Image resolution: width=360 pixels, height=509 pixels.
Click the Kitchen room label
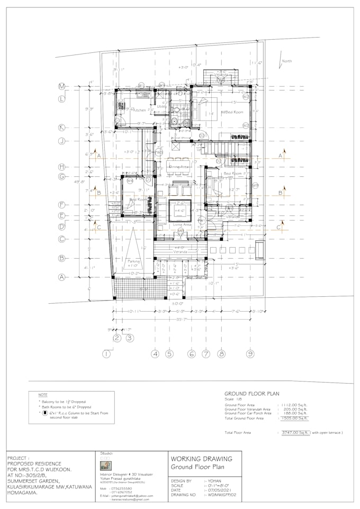(x=139, y=110)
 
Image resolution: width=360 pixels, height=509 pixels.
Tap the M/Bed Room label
(x=232, y=113)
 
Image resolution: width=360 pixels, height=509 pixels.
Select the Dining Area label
(x=179, y=167)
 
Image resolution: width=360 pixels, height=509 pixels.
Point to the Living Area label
(x=182, y=224)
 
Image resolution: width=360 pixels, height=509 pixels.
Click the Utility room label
(x=162, y=107)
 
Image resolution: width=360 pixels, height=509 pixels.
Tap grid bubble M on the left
(x=61, y=86)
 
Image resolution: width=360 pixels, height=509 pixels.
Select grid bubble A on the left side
(x=61, y=277)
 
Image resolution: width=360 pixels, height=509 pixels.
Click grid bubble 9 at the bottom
(x=249, y=353)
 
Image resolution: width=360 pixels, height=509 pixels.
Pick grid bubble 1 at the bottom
(x=107, y=353)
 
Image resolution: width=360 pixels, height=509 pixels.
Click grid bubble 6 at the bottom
(x=192, y=353)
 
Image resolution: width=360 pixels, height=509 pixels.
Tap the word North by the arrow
(x=286, y=61)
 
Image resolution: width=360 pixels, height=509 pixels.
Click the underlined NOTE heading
(x=43, y=395)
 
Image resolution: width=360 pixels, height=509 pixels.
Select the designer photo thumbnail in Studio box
(x=106, y=466)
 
